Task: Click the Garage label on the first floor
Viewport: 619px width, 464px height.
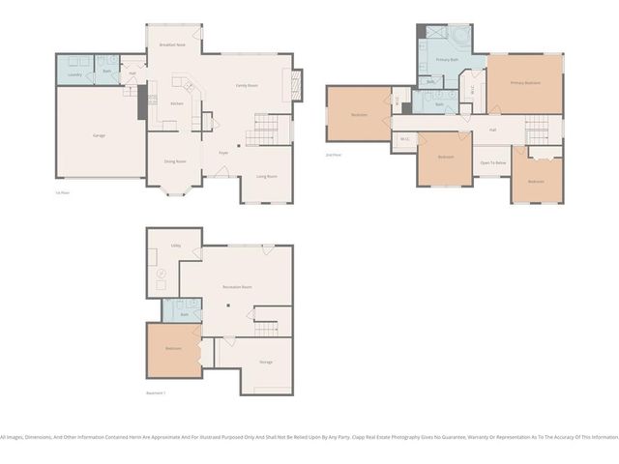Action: click(99, 135)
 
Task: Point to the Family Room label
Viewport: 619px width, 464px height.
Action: click(247, 85)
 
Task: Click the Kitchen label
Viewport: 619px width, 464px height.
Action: click(177, 103)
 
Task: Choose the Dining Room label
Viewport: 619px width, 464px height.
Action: click(174, 161)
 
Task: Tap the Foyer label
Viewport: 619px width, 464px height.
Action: click(222, 153)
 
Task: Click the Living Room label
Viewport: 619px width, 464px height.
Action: click(266, 176)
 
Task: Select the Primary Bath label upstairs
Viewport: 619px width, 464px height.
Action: click(447, 60)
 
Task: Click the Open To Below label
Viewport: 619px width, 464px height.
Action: click(493, 162)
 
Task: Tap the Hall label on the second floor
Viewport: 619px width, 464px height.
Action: click(492, 130)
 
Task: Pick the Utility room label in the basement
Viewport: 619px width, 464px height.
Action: click(176, 246)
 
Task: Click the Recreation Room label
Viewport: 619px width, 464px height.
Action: click(237, 287)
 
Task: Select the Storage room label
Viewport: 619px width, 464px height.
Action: click(265, 362)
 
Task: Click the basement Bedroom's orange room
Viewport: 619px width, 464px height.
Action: click(172, 350)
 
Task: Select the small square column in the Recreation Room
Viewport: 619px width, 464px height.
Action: click(228, 307)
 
